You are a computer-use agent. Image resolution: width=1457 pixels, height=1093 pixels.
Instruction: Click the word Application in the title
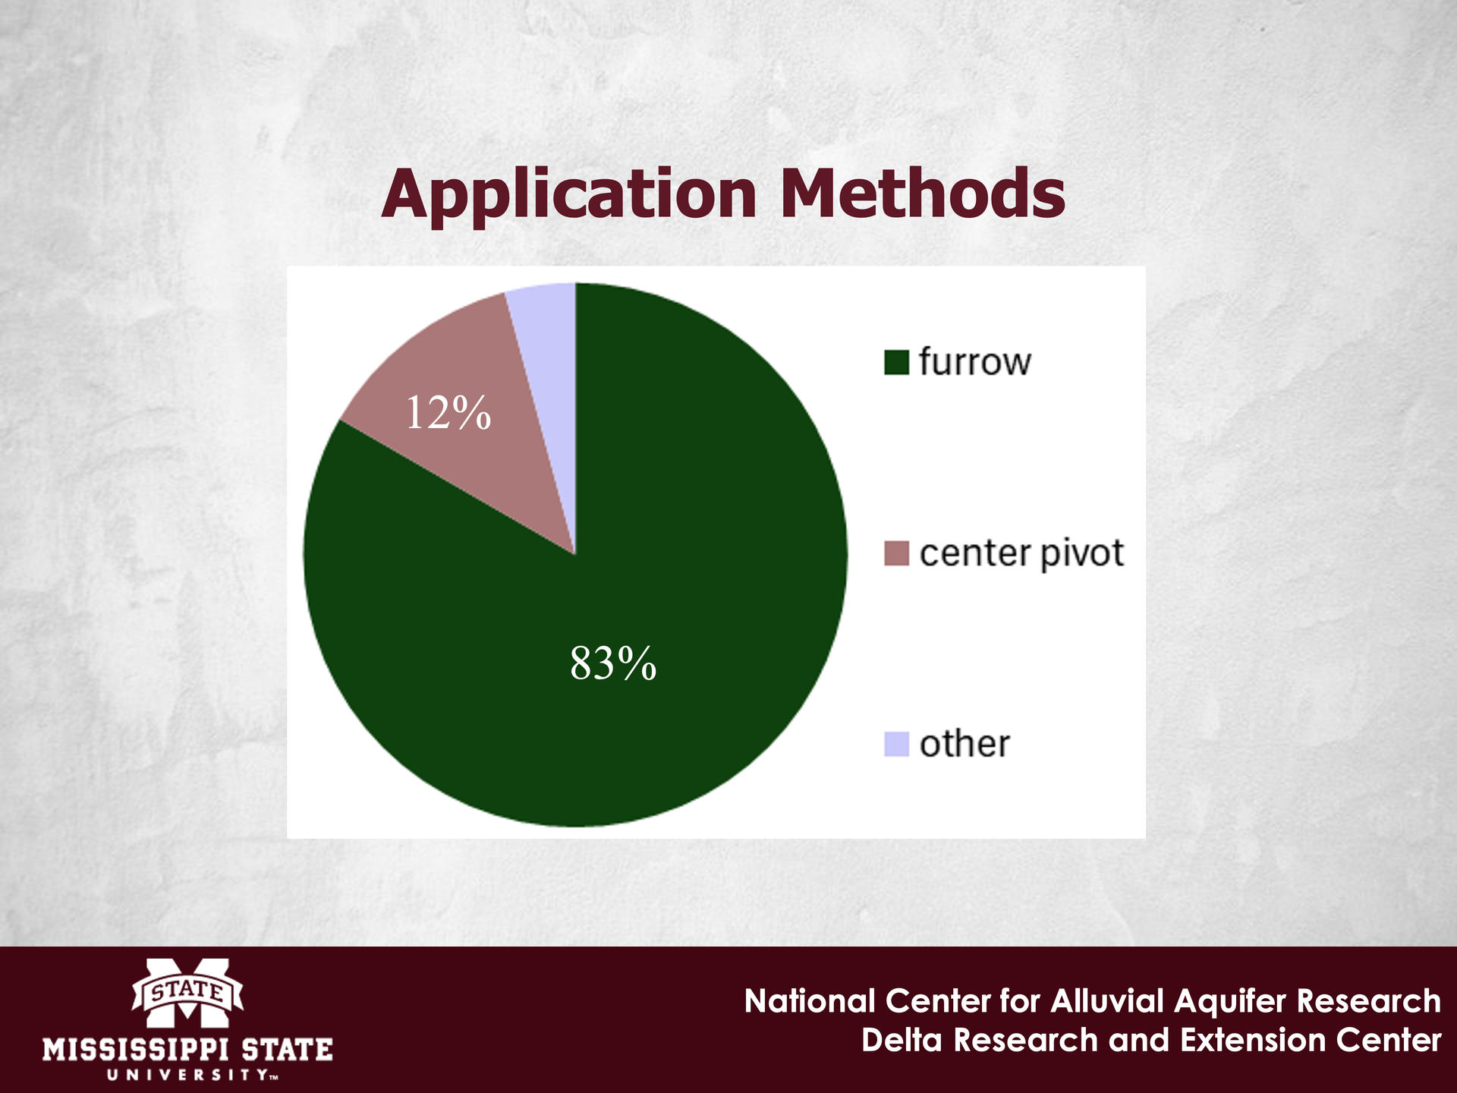(x=569, y=195)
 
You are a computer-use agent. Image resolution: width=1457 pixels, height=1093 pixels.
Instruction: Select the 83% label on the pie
(x=613, y=663)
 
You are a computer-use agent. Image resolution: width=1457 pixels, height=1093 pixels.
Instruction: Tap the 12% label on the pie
(x=448, y=414)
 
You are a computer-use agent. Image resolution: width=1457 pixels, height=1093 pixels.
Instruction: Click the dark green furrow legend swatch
(x=896, y=362)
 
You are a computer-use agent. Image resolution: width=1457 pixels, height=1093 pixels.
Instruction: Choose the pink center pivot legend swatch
(x=896, y=553)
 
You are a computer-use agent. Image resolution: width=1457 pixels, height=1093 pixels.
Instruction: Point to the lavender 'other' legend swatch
(x=896, y=744)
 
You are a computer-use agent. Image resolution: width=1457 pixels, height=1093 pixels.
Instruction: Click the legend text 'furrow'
(x=975, y=361)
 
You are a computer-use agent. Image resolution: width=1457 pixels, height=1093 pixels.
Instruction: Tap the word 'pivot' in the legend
(x=1081, y=555)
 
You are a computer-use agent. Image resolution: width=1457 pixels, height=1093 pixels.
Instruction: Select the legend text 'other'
(x=965, y=743)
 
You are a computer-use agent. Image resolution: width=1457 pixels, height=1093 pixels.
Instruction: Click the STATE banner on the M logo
(x=187, y=991)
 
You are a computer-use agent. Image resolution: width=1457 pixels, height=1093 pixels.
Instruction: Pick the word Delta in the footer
(x=903, y=1040)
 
